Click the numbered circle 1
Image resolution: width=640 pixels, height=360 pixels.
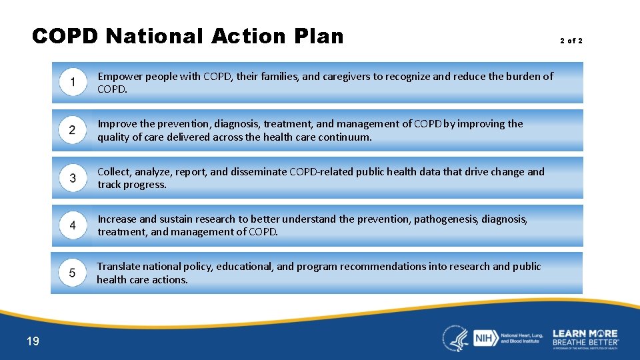(x=72, y=83)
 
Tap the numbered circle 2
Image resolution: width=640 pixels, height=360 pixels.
(x=72, y=130)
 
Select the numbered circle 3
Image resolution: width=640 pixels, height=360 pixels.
(x=72, y=178)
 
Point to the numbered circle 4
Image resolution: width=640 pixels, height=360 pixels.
(x=72, y=225)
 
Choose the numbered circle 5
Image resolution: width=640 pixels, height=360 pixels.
(x=72, y=273)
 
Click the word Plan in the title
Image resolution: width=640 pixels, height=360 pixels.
(x=313, y=35)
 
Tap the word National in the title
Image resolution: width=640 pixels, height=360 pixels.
(x=154, y=35)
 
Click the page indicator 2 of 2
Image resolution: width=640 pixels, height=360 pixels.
(x=571, y=41)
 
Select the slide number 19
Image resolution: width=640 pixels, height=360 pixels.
(x=33, y=341)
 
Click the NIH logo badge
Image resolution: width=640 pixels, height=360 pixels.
(x=483, y=337)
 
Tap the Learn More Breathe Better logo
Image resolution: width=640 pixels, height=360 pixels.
(x=585, y=337)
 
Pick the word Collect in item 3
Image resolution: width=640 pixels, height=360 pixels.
(x=115, y=172)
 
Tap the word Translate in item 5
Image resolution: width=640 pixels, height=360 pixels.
(x=119, y=267)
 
